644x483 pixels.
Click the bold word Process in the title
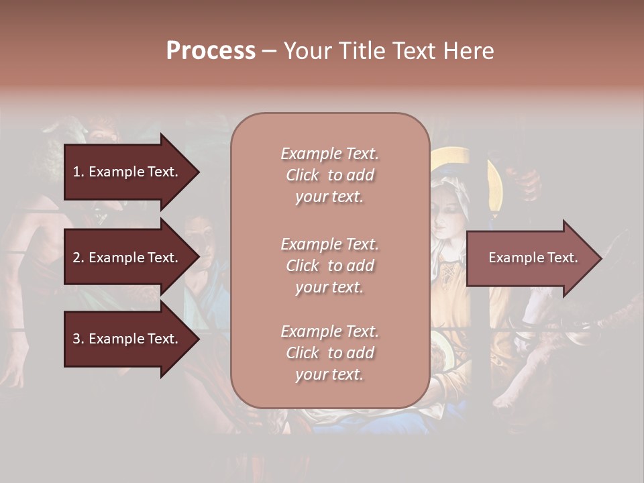(211, 51)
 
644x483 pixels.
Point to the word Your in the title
(309, 51)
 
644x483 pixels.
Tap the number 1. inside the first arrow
(78, 172)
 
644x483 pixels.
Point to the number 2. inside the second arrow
(78, 258)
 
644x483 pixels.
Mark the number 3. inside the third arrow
(78, 339)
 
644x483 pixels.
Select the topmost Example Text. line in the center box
(329, 154)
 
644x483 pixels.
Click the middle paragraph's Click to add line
(329, 266)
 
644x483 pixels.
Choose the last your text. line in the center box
(329, 374)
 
